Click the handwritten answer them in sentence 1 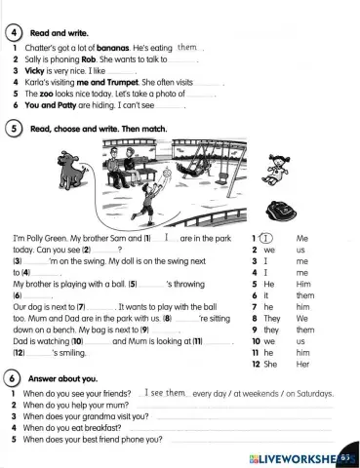click(187, 46)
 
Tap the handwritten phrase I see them click(163, 392)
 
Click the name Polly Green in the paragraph click(50, 238)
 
